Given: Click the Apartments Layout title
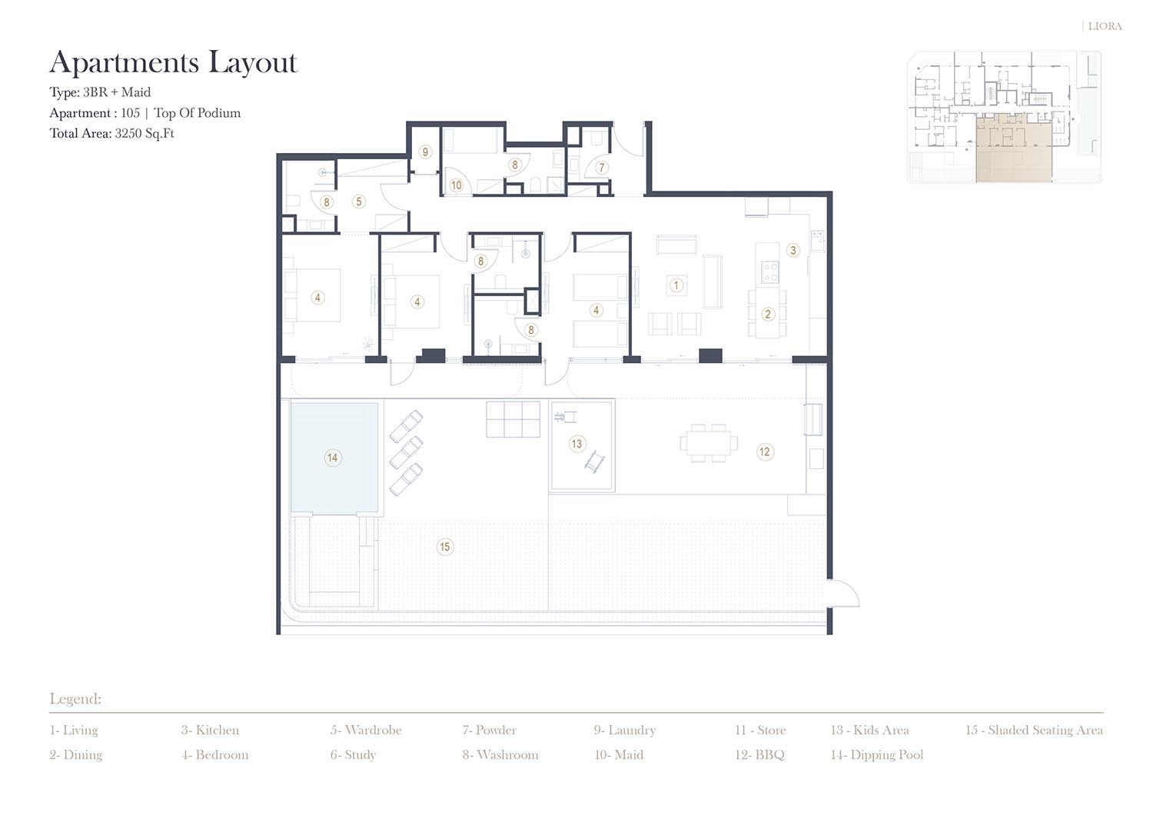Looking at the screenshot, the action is (174, 63).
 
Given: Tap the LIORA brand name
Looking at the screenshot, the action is (1105, 26).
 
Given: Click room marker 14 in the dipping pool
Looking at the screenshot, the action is (333, 458).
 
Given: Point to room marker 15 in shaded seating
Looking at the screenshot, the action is (445, 547).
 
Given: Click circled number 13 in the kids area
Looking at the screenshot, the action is (576, 444).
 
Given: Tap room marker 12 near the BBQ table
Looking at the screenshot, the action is (765, 451).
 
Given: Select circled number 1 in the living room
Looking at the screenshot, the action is (676, 285).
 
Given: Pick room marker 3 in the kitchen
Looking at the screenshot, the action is (793, 251).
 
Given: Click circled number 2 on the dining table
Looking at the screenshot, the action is (768, 315).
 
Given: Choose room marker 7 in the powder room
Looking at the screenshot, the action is (601, 168).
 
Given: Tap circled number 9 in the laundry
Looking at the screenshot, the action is (424, 152).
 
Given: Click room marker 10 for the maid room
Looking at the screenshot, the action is (456, 185).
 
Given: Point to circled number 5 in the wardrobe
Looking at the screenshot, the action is (359, 202).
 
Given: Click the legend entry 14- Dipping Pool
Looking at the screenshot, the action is (876, 755).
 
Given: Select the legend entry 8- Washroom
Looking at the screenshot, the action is (500, 755).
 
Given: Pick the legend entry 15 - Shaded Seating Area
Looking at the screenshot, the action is (1034, 731).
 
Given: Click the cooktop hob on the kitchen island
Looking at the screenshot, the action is (769, 272).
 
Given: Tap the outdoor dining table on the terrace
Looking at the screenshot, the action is (708, 443).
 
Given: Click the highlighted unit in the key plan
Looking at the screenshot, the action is (1013, 149).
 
